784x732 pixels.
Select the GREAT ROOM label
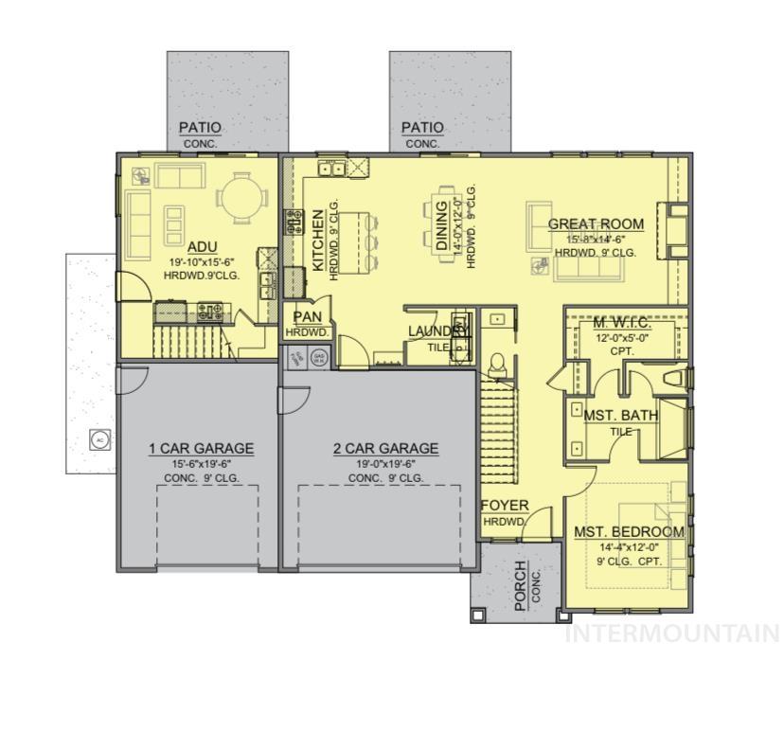tap(596, 224)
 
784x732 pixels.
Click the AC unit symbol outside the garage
tap(98, 438)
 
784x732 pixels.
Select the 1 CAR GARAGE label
tap(201, 448)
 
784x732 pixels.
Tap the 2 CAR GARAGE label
tap(385, 448)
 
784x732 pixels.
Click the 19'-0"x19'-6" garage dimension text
tap(385, 464)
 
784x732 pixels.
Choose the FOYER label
tap(505, 506)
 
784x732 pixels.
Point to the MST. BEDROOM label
tap(629, 532)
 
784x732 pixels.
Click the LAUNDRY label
tap(438, 330)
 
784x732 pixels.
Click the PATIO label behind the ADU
tap(200, 128)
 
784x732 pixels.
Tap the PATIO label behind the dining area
tap(422, 128)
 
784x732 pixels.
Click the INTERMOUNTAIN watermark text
tap(672, 634)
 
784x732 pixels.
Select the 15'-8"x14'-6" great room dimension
tap(596, 240)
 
